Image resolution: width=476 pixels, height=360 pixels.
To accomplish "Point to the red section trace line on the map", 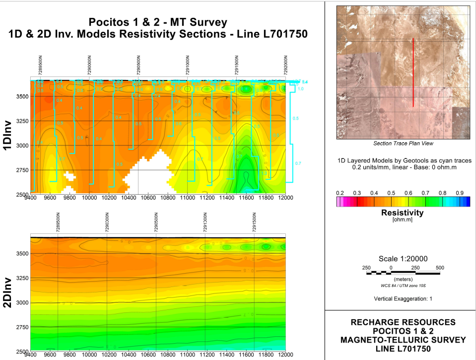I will coord(413,72).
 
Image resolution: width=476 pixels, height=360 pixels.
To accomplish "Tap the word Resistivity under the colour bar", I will coord(402,213).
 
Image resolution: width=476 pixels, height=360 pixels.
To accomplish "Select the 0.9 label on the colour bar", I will coord(460,193).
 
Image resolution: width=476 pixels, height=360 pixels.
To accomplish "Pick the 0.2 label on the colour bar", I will coord(340,193).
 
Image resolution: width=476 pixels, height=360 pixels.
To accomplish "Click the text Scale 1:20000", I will coord(402,259).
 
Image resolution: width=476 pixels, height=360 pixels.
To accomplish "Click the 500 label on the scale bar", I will coord(439,268).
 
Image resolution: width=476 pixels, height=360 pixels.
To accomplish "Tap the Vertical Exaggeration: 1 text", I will coord(402,299).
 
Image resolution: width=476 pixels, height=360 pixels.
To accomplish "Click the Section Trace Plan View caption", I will coord(403,144).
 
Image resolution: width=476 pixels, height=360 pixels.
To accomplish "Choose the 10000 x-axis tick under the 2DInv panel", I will coord(89,355).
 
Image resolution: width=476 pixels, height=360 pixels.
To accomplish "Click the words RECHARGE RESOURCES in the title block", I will coord(403,322).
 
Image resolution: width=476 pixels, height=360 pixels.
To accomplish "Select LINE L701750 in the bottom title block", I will coord(403,349).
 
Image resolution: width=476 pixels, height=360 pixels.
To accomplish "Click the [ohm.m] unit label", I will coord(402,219).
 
